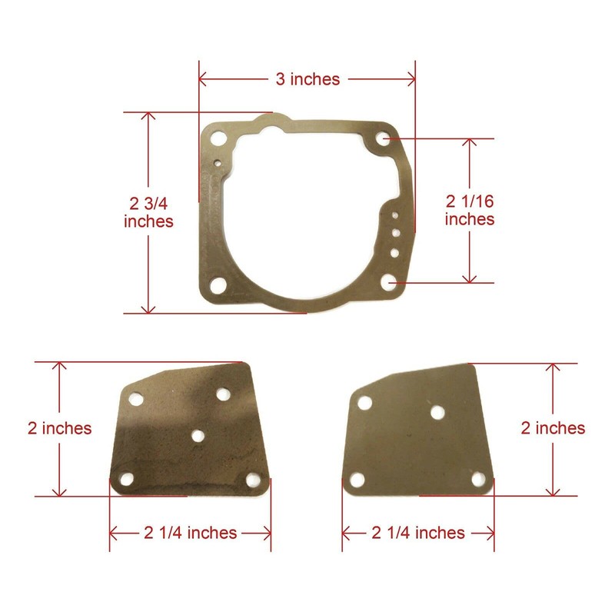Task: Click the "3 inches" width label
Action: [x=307, y=79]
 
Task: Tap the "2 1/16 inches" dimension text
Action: [x=469, y=210]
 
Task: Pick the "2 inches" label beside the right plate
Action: [x=552, y=428]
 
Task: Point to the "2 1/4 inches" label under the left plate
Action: [x=190, y=532]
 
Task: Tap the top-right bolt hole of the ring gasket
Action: [x=384, y=139]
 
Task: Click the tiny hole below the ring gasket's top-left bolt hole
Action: [x=219, y=162]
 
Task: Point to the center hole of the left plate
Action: [x=198, y=436]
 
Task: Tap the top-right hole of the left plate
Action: [x=223, y=394]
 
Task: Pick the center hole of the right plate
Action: [x=437, y=413]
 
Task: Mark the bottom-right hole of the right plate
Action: [x=480, y=480]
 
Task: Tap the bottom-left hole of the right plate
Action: [x=357, y=480]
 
